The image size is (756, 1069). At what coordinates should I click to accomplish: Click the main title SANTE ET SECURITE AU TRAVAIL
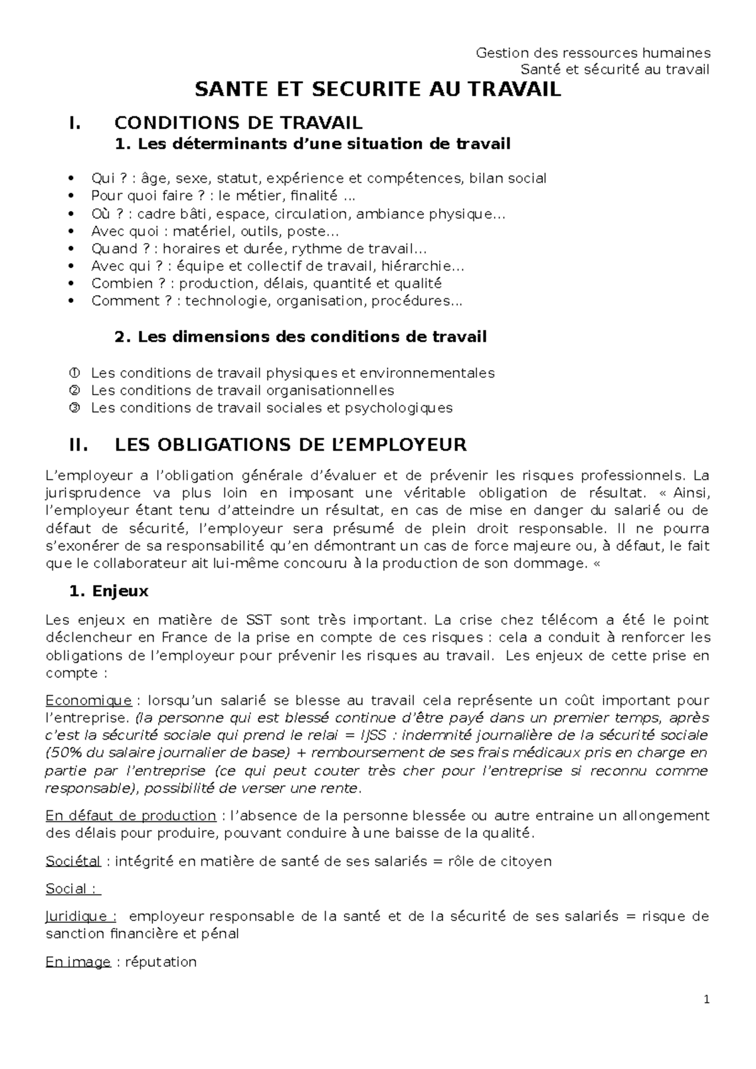coord(377,90)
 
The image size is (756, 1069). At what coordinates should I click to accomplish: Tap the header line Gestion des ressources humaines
coord(593,52)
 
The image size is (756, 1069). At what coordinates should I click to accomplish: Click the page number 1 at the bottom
coord(707,1000)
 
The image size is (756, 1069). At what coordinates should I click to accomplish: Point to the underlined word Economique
coord(88,700)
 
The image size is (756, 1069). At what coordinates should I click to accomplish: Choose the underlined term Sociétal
coord(73,861)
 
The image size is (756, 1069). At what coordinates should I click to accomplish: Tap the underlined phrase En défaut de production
coord(131,815)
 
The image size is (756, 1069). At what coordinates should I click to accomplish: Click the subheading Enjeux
coord(120,591)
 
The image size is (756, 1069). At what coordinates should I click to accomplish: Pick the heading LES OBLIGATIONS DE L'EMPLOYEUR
coord(290,445)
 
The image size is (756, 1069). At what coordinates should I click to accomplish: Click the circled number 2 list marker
coord(74,390)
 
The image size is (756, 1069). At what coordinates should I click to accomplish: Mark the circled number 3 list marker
coord(74,408)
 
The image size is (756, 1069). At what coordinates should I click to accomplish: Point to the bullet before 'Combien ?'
coord(74,283)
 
